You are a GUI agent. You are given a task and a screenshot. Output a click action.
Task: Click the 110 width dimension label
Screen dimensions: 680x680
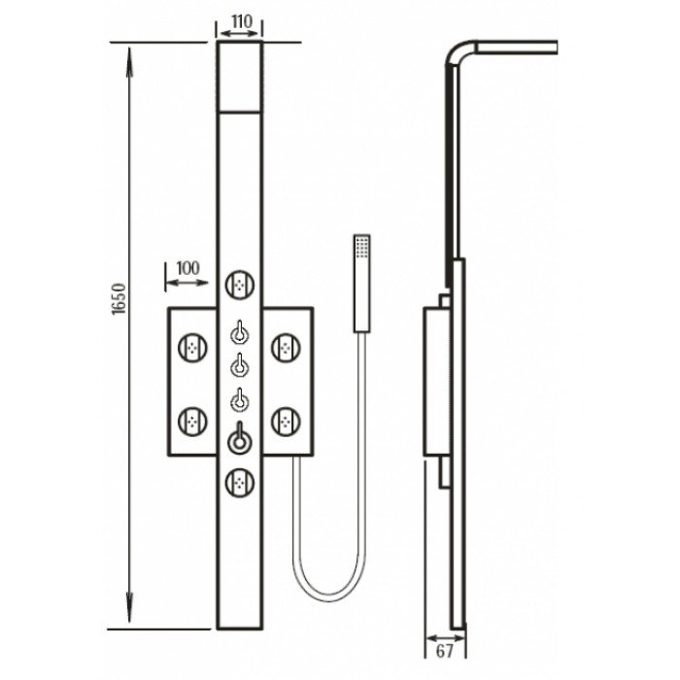point(242,21)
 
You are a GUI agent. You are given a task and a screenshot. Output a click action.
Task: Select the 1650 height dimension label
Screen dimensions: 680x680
point(119,299)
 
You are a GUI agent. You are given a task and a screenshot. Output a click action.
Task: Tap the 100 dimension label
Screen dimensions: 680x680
point(187,268)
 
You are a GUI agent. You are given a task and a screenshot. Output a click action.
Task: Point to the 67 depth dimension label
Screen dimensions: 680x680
point(444,651)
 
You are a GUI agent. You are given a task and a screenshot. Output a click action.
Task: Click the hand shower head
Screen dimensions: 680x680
point(361,284)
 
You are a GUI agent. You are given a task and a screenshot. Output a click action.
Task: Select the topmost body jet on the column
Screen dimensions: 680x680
point(239,285)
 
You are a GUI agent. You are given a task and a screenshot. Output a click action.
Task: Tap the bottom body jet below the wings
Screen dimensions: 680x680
point(239,482)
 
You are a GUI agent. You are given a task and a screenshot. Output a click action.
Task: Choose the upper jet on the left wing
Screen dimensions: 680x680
point(192,348)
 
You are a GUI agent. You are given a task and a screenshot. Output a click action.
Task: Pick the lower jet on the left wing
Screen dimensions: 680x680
point(192,421)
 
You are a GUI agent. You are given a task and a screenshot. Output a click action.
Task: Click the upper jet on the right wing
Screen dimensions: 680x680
point(286,348)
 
